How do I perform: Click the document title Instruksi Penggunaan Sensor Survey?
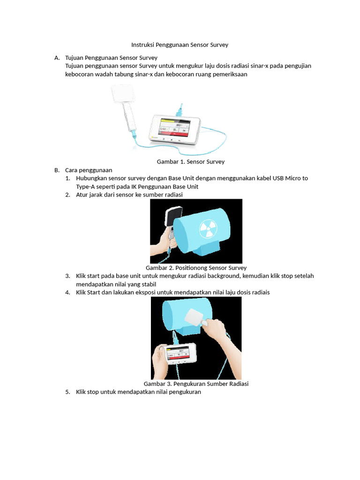(x=180, y=45)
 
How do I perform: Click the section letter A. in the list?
(x=57, y=58)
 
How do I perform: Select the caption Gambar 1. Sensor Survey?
(x=190, y=162)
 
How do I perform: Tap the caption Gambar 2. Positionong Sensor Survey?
(x=196, y=268)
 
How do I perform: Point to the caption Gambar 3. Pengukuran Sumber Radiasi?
(x=196, y=383)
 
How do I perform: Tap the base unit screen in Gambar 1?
(x=174, y=127)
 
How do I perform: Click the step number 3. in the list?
(x=67, y=276)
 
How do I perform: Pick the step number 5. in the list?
(x=67, y=392)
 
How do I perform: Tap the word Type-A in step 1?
(x=86, y=187)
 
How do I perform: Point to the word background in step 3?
(x=224, y=276)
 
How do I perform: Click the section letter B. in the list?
(x=57, y=170)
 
